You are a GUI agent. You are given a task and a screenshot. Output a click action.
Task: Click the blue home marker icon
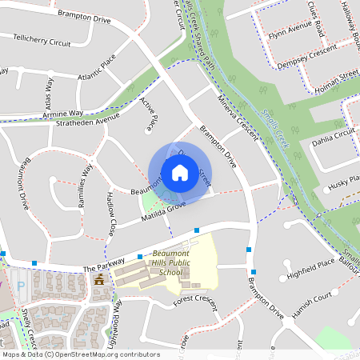pyautogui.click(x=179, y=172)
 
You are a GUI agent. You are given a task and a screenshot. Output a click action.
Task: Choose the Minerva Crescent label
pyautogui.click(x=238, y=116)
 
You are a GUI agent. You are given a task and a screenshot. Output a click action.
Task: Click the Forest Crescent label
pyautogui.click(x=196, y=300)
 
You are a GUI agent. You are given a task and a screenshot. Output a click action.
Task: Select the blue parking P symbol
pyautogui.click(x=22, y=284)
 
